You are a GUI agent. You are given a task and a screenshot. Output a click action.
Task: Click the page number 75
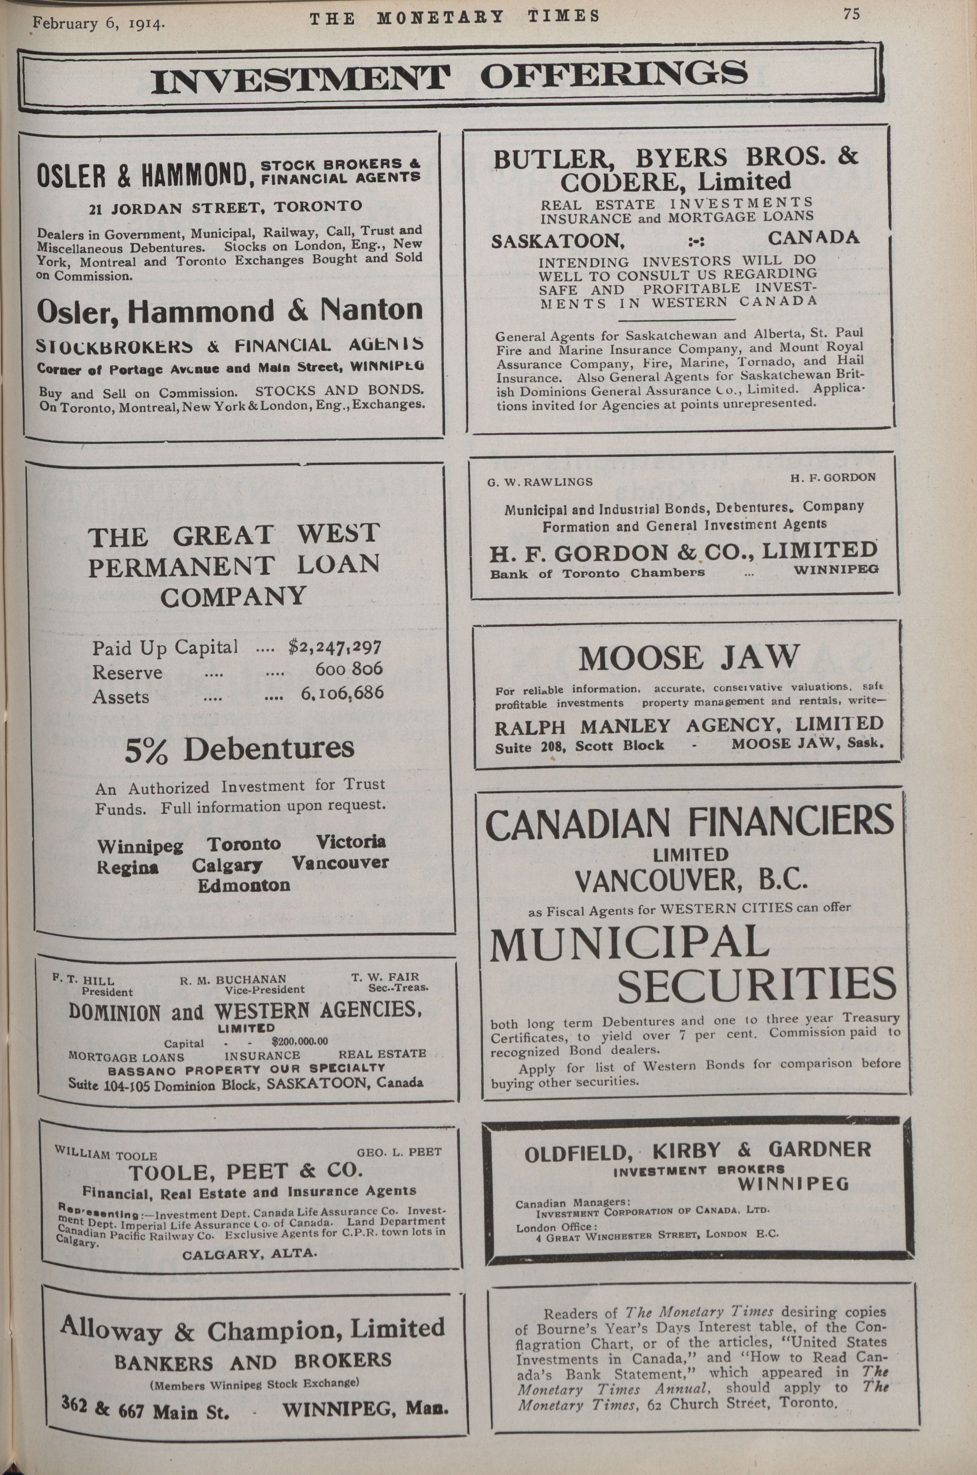(x=851, y=14)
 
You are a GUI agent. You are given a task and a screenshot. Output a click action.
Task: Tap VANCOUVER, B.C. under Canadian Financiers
(x=690, y=881)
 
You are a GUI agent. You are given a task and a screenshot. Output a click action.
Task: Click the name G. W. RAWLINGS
(x=540, y=482)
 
